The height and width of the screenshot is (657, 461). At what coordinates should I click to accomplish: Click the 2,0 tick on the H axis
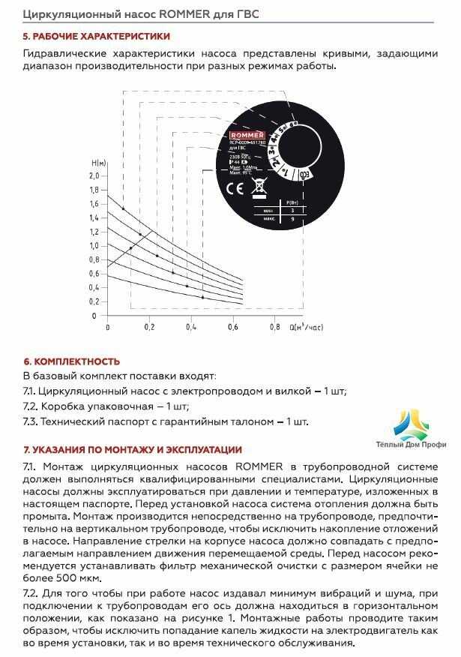point(94,175)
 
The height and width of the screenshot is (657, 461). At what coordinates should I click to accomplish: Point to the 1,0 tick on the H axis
point(94,245)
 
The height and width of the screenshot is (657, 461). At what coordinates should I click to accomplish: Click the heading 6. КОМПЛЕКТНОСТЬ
point(71,361)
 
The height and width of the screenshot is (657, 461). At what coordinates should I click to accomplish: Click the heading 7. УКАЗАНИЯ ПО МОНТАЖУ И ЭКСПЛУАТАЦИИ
point(133,450)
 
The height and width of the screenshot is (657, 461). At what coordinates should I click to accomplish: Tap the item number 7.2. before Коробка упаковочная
point(31,406)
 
